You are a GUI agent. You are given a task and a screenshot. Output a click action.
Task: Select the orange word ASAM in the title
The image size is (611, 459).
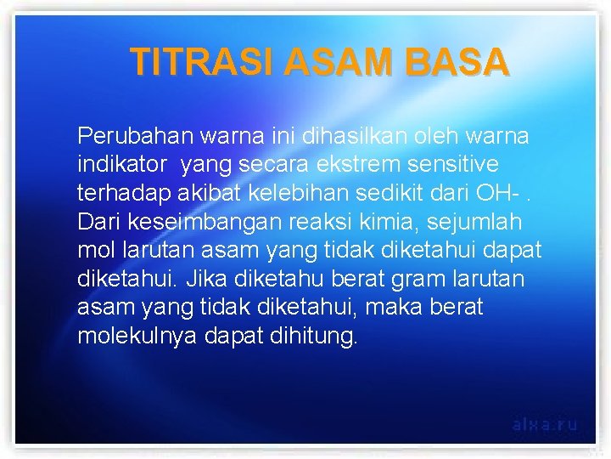(339, 62)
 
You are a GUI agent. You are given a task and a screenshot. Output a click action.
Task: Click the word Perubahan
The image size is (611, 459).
(135, 136)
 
